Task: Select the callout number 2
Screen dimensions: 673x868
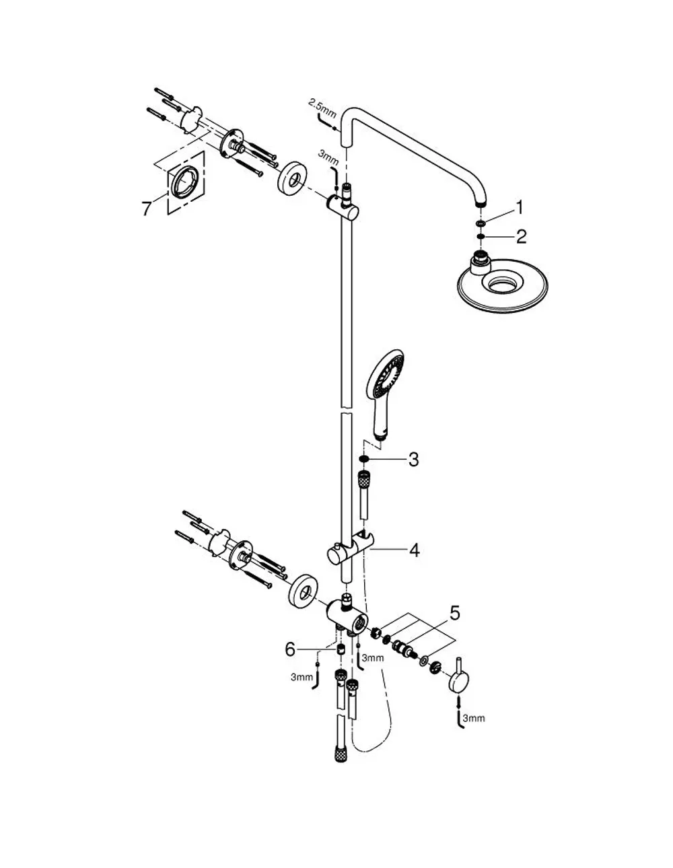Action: (521, 236)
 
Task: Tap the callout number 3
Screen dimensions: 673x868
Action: (413, 460)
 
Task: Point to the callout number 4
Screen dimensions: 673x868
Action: (415, 550)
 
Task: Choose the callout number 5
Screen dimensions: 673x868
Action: (454, 613)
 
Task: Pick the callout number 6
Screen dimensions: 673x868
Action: (290, 649)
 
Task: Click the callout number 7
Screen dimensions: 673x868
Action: (147, 209)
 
